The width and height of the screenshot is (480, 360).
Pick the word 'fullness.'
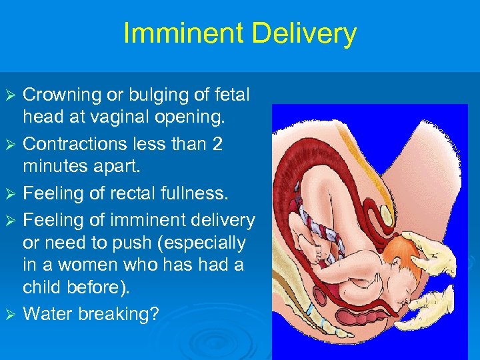(194, 193)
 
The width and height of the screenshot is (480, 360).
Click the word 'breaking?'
(119, 314)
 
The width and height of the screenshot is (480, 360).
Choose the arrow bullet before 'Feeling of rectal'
(10, 194)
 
